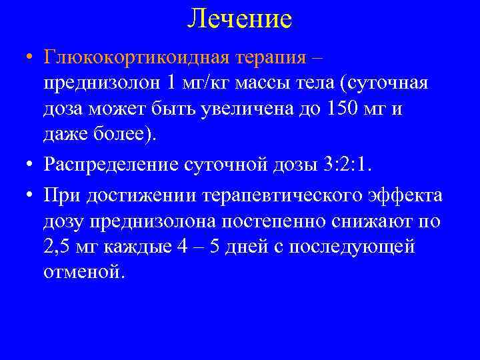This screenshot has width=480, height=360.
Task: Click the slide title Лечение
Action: (x=239, y=19)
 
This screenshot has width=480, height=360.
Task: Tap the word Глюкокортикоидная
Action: (x=136, y=57)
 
